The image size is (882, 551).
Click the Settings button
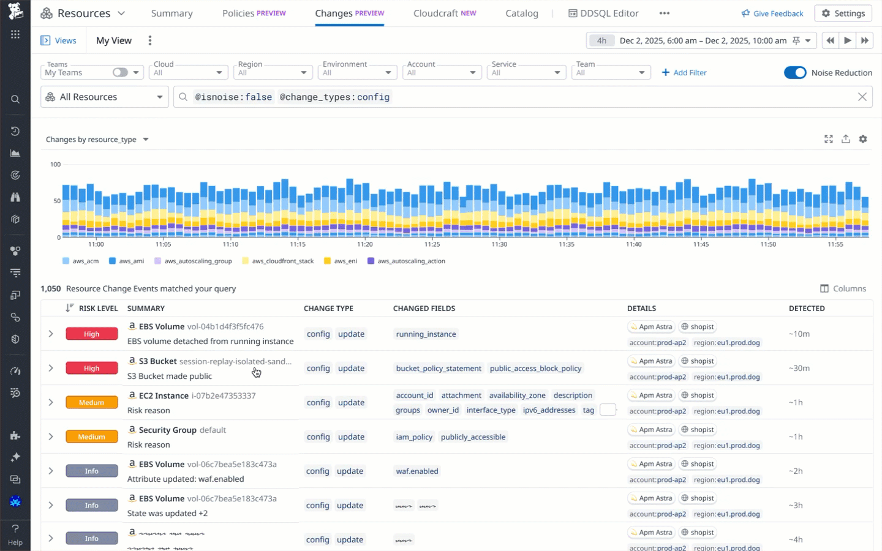843,13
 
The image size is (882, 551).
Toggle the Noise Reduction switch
795,73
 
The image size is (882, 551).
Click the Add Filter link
684,73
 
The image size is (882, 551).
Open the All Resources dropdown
104,97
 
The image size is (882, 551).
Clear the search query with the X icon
862,97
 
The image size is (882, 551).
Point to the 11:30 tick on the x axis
499,244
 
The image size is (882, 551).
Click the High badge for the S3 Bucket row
92,369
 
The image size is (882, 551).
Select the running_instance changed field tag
426,334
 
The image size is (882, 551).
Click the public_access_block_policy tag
535,369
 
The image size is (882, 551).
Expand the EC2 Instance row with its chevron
51,403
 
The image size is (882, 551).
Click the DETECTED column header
806,309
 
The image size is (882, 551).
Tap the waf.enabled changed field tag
417,471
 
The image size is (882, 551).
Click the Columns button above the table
843,289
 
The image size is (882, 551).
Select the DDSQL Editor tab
603,13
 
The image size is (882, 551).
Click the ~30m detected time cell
799,369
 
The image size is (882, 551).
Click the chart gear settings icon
862,140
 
